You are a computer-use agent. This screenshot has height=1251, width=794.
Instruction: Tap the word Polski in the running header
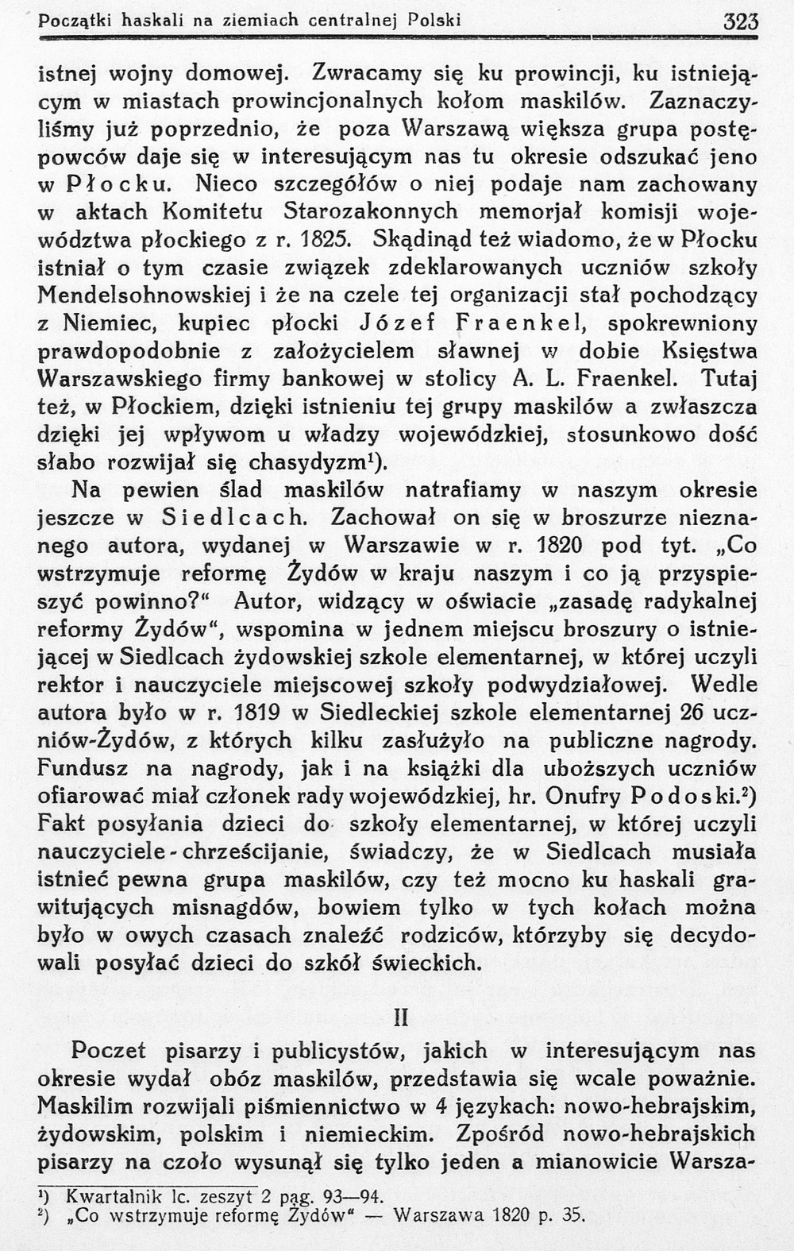pos(434,20)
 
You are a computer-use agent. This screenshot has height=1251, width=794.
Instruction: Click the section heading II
pos(400,1017)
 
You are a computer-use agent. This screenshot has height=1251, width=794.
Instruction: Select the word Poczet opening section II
pos(109,1051)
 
